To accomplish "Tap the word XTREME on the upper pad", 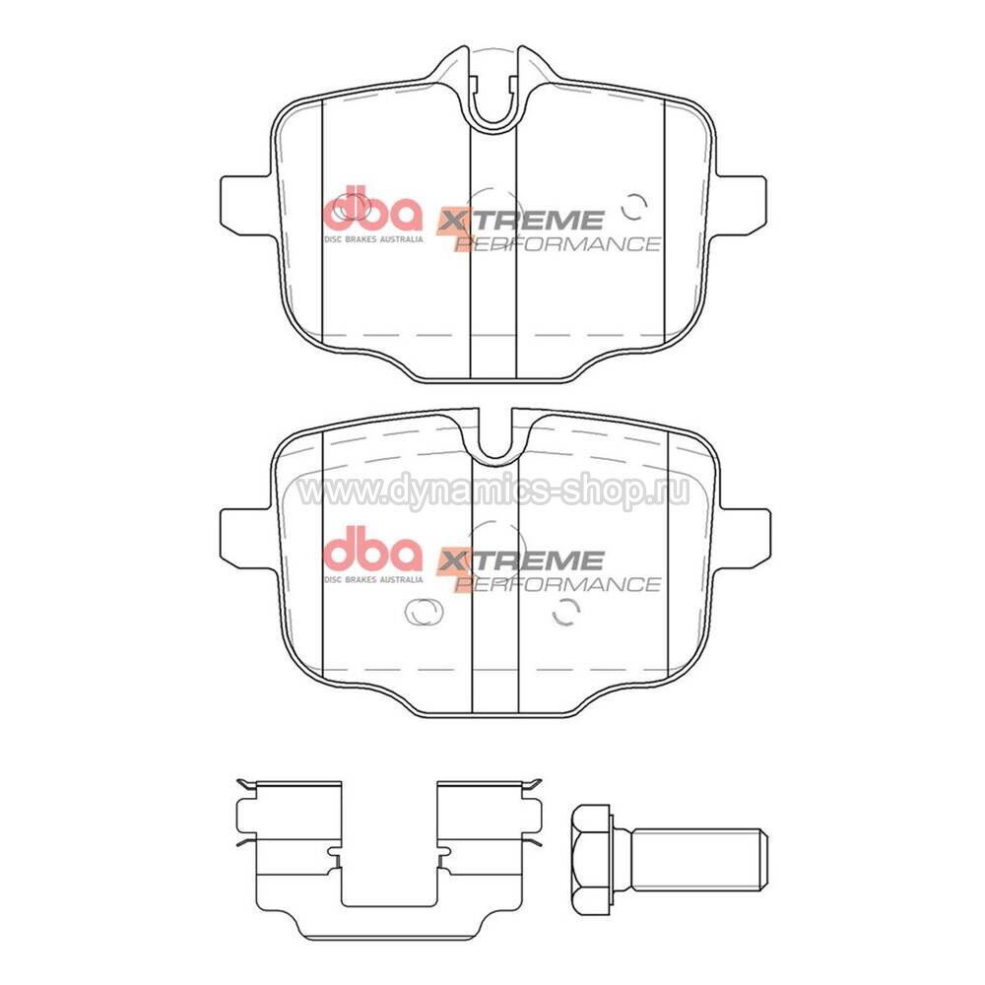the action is coord(520,221).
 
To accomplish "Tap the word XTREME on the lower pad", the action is coord(520,559).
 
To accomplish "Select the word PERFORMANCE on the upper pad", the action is coord(558,243).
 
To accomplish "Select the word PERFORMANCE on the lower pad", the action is coord(558,584).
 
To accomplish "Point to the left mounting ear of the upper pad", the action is coord(247,205).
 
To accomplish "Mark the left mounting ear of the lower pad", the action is coord(247,538).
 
